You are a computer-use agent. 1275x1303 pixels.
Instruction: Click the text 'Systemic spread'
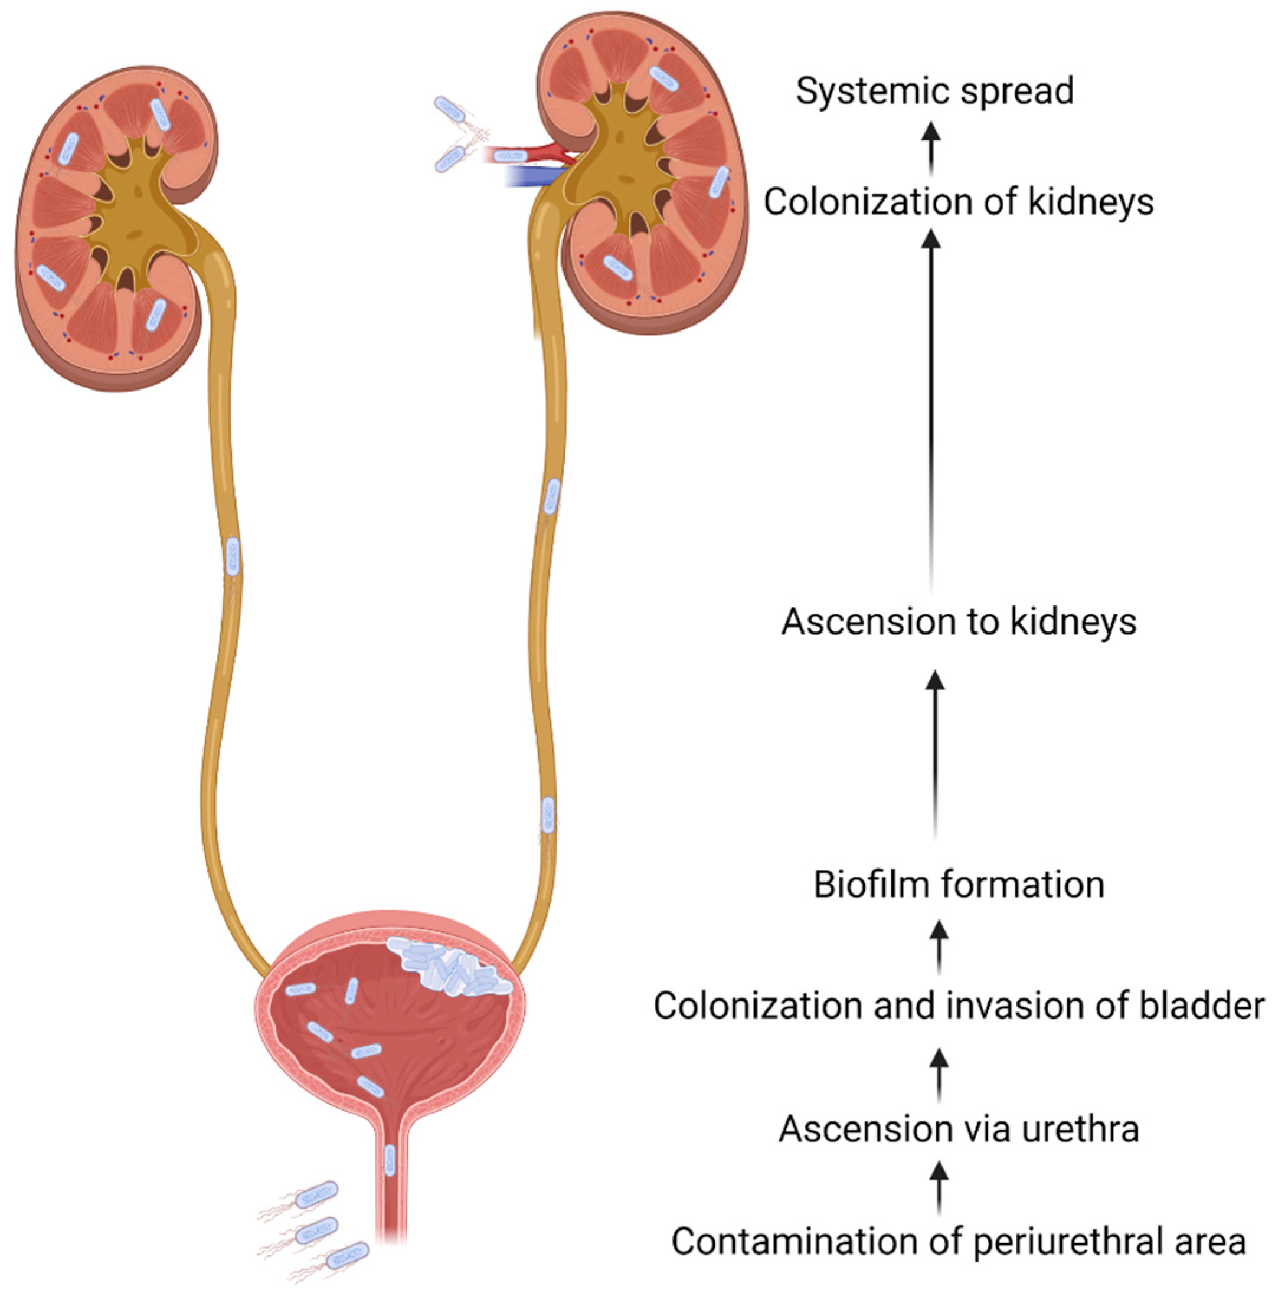[935, 91]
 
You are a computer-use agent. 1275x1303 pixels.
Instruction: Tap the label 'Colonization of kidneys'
[959, 202]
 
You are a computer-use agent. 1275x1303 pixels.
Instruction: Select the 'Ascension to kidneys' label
[959, 621]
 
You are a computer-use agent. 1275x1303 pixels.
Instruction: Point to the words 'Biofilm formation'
[959, 885]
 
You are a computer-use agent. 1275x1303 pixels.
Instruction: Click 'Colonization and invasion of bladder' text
[959, 1006]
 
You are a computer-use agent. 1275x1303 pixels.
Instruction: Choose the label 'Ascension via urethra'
[959, 1129]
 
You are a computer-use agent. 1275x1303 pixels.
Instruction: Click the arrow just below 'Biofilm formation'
[940, 945]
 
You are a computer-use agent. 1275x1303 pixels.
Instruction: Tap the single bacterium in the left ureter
[233, 555]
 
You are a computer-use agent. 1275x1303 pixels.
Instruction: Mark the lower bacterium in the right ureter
[548, 814]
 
